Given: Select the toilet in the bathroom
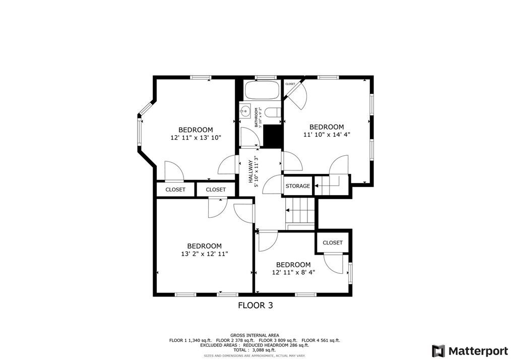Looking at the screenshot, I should click(x=273, y=113).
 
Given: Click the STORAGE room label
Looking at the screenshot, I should click(x=298, y=186).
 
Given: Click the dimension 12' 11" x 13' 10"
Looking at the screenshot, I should click(x=196, y=137).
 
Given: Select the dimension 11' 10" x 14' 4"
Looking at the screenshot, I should click(x=326, y=135).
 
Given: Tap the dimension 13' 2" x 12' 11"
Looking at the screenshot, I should click(x=205, y=254).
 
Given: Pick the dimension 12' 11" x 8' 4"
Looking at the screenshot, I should click(x=293, y=272).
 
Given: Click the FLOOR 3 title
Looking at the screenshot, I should click(x=255, y=305).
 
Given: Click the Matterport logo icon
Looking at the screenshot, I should click(x=438, y=350).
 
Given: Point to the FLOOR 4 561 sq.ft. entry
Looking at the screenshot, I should click(x=321, y=340).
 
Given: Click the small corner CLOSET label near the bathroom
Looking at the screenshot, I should click(x=290, y=84).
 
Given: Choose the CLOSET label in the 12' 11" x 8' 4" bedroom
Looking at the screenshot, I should click(x=333, y=243).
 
